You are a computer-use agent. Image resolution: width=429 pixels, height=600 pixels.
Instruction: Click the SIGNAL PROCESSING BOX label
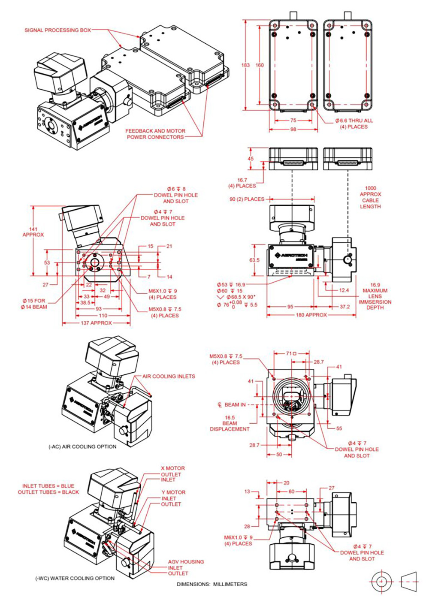(57, 30)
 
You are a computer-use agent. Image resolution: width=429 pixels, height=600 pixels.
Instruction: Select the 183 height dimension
(245, 65)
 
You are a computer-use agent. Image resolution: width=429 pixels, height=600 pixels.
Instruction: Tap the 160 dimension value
(260, 65)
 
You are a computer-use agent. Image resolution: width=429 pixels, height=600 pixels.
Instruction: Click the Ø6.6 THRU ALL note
(354, 121)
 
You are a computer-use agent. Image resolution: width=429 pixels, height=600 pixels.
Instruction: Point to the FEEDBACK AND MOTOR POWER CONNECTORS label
(155, 134)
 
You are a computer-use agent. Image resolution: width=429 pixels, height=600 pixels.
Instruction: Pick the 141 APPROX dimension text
(33, 232)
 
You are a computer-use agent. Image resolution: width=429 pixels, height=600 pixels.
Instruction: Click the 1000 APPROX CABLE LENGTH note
(370, 197)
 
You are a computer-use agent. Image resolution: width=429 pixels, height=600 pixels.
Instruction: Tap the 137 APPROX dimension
(96, 323)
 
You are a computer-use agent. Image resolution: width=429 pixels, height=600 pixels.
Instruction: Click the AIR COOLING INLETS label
(169, 376)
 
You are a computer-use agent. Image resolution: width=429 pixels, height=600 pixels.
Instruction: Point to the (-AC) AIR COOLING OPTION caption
(82, 446)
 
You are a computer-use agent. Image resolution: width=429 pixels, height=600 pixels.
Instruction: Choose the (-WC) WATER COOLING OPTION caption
(75, 578)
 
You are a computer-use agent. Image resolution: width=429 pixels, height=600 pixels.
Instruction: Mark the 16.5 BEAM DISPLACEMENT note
(230, 423)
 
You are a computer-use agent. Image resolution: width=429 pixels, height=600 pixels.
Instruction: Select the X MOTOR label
(173, 468)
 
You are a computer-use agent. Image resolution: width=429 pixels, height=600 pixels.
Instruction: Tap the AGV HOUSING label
(186, 561)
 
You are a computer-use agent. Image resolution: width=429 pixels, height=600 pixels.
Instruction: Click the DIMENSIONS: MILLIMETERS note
(212, 584)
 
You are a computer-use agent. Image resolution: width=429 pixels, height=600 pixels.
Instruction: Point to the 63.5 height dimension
(254, 260)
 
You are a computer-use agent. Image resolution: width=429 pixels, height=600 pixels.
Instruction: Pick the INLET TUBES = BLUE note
(48, 486)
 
